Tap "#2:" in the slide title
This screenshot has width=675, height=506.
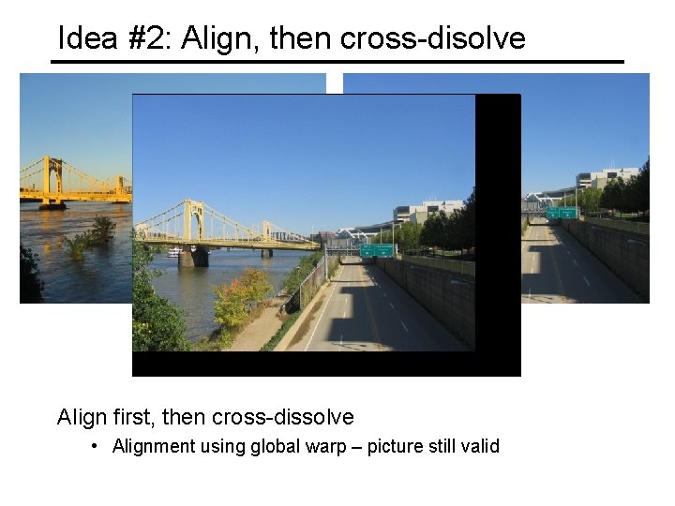coord(147,38)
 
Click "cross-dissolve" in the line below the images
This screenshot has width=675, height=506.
coord(283,416)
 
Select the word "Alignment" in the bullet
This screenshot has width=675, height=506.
coord(152,446)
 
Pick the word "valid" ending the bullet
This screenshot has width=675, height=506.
coord(480,446)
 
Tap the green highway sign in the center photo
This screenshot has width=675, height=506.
coord(377,250)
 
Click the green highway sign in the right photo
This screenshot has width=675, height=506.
coord(562,213)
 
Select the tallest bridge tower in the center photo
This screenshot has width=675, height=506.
coord(193,221)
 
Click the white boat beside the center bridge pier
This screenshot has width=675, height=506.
coord(174,251)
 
